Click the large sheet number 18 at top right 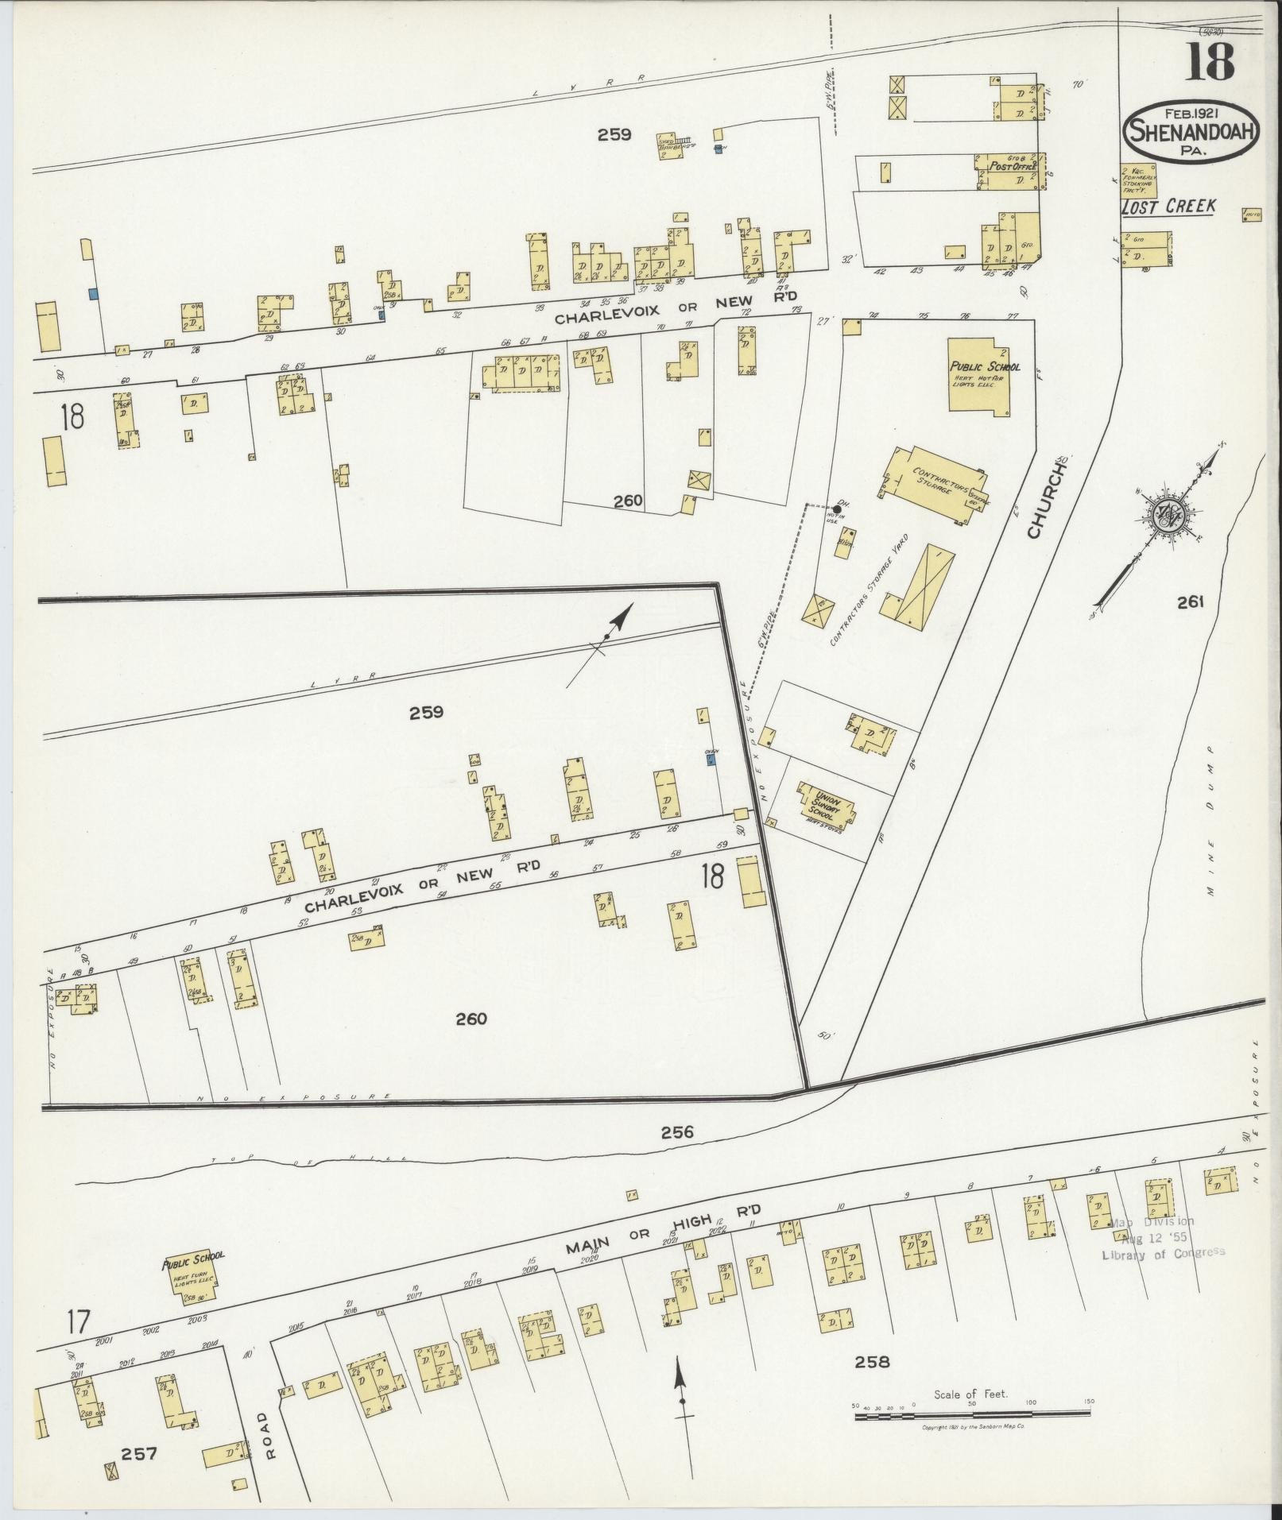(x=1210, y=62)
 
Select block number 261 (x=1191, y=602)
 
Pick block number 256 (x=676, y=1132)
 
